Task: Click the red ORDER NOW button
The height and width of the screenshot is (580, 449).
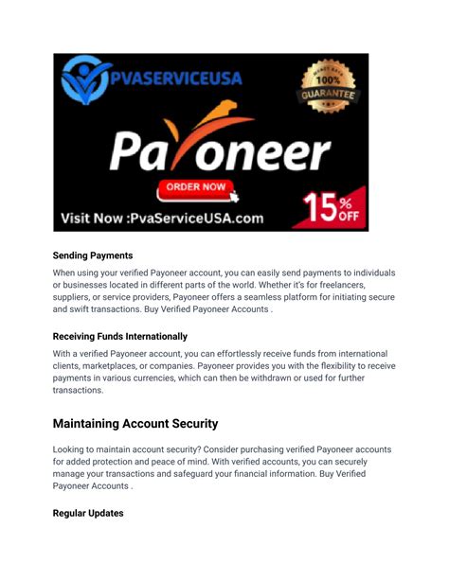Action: point(196,187)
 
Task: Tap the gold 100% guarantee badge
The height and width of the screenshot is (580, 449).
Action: point(330,92)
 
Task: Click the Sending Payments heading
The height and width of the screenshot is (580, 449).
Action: point(93,255)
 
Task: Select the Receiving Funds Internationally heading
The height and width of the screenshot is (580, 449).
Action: point(120,336)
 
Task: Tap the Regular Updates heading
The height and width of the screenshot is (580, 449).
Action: point(88,514)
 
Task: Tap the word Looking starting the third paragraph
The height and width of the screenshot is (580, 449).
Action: point(73,449)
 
